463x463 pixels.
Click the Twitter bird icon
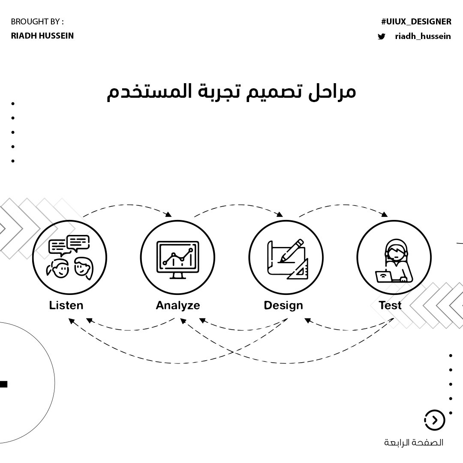tap(381, 36)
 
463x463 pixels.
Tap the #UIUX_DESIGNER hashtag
tap(416, 21)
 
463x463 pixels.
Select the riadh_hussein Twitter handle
tap(423, 36)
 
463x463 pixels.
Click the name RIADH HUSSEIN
tap(42, 36)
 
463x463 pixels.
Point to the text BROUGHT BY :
tap(37, 21)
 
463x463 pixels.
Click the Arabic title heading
tap(231, 91)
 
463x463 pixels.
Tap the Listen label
tap(66, 305)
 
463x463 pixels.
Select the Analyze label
tap(177, 305)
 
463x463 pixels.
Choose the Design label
tap(283, 305)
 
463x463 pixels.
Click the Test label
tap(390, 305)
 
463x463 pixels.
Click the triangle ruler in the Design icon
tap(299, 270)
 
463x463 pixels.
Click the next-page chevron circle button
tap(435, 420)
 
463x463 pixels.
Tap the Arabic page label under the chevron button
tap(414, 442)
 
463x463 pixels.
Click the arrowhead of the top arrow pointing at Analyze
tap(168, 214)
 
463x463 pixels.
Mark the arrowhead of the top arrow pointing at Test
tap(385, 214)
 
